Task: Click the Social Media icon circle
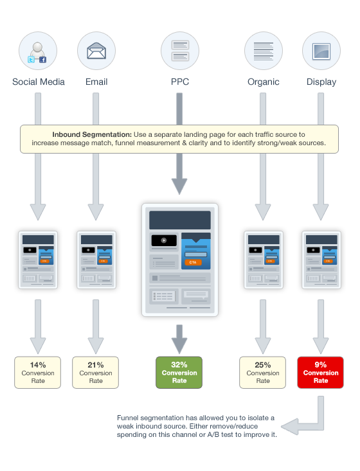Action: pyautogui.click(x=38, y=51)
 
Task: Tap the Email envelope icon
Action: pyautogui.click(x=96, y=51)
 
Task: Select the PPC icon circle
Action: pyautogui.click(x=180, y=51)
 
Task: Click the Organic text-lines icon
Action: pyautogui.click(x=263, y=51)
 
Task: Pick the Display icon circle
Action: pyautogui.click(x=321, y=51)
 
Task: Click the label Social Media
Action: pyautogui.click(x=39, y=82)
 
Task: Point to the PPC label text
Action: pyautogui.click(x=180, y=82)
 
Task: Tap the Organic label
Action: pyautogui.click(x=263, y=82)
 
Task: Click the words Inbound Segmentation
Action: pyautogui.click(x=92, y=134)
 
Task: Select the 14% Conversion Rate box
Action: pyautogui.click(x=37, y=373)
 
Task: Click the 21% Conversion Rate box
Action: pyautogui.click(x=96, y=373)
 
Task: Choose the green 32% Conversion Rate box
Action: pyautogui.click(x=179, y=373)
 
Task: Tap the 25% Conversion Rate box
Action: pyautogui.click(x=263, y=373)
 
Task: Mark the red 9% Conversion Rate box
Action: pyautogui.click(x=320, y=373)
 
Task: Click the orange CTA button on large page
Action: pyautogui.click(x=193, y=262)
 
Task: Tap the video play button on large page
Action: pyautogui.click(x=164, y=240)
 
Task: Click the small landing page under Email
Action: pyautogui.click(x=96, y=260)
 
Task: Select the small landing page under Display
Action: pyautogui.click(x=321, y=260)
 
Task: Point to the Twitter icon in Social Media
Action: pyautogui.click(x=31, y=60)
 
